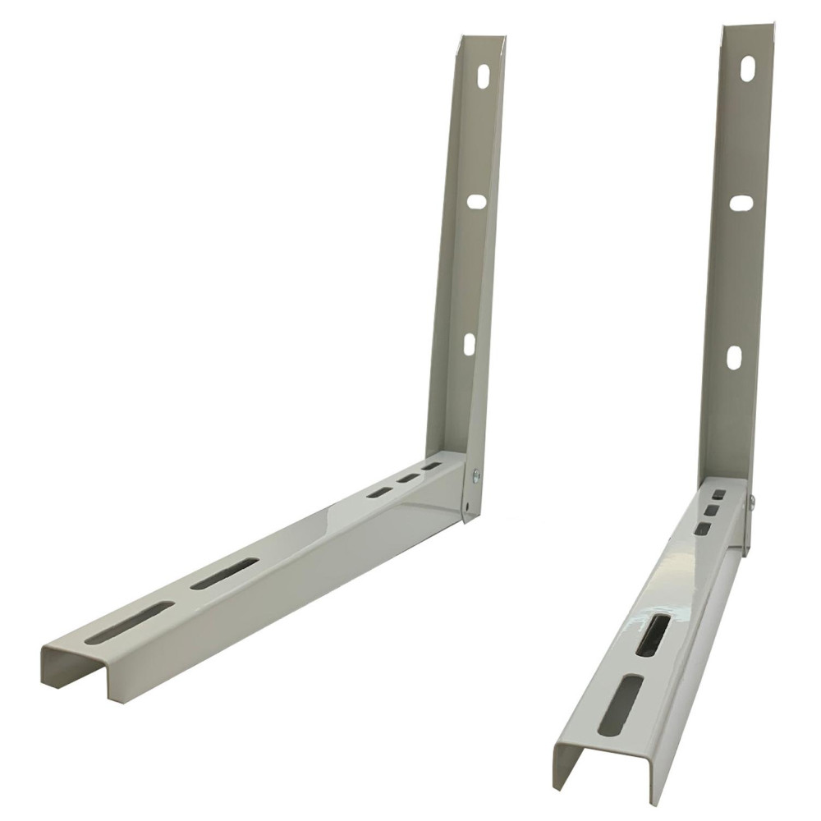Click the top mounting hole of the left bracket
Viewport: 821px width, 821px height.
coord(484,75)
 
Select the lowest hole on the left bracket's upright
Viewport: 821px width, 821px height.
coord(469,344)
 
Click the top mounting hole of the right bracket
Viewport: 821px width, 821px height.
coord(747,69)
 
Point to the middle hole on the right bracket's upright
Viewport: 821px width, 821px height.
coord(741,203)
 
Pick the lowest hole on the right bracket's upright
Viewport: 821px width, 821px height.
coord(734,357)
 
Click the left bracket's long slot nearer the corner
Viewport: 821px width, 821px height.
coord(224,574)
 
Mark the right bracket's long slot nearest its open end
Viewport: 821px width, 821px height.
coord(621,705)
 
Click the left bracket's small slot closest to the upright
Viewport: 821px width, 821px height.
coord(432,466)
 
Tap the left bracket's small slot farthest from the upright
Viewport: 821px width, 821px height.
coord(379,493)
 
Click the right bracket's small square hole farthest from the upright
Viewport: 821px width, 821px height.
coord(703,529)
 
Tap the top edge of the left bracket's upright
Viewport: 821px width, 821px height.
coord(483,38)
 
